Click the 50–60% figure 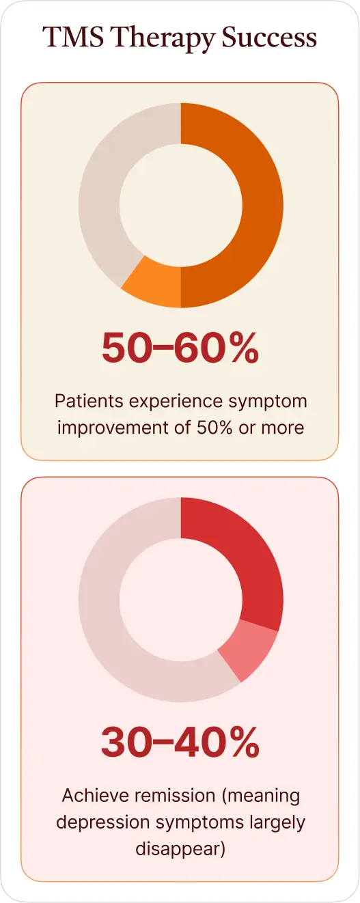180,349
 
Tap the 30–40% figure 180,742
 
